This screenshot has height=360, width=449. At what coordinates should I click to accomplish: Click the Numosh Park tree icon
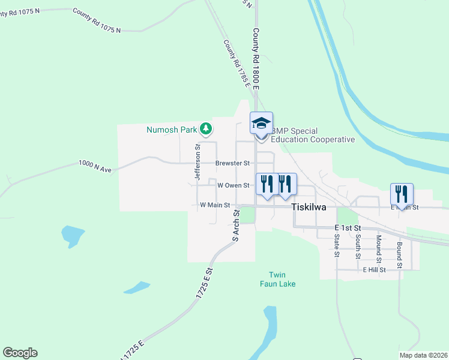tap(206, 128)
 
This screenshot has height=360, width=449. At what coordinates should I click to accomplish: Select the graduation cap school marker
tap(261, 124)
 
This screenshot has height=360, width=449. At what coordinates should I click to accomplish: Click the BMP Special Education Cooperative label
tap(313, 136)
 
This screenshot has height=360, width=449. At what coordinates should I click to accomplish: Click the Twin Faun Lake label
tap(278, 279)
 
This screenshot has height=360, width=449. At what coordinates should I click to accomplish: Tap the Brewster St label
tap(232, 163)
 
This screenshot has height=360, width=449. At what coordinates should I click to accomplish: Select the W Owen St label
tap(233, 185)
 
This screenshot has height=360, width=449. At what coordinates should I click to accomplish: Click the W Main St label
tap(215, 205)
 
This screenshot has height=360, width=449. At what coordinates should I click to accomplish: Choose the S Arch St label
tap(236, 226)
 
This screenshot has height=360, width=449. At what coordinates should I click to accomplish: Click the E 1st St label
tap(348, 229)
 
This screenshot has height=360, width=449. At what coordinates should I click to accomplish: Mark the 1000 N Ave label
tap(95, 166)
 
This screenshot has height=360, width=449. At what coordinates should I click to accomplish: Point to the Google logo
tap(20, 353)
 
